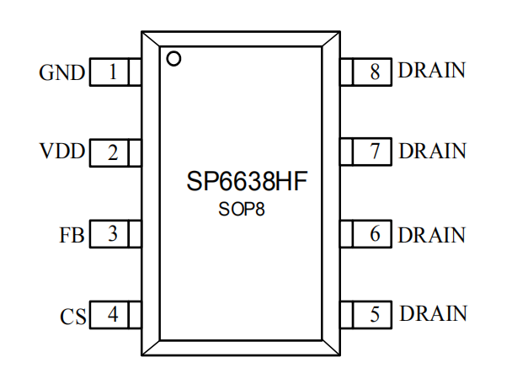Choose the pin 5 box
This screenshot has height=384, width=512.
tap(367, 315)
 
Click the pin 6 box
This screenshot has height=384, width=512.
tap(367, 234)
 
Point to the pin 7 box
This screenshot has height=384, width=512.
tap(367, 152)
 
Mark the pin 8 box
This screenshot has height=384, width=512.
tap(367, 72)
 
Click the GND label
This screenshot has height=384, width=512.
tap(62, 73)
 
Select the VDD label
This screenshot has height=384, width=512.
tap(62, 153)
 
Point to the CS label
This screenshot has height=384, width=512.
tap(72, 317)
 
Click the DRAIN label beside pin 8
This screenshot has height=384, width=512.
tap(432, 71)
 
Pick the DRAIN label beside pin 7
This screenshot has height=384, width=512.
tap(432, 152)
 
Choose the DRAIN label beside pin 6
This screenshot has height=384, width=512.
tap(432, 233)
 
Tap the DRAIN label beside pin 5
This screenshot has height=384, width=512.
tap(432, 314)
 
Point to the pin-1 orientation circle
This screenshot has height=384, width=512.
tap(174, 59)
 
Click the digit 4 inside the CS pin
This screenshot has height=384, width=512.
tap(112, 316)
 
